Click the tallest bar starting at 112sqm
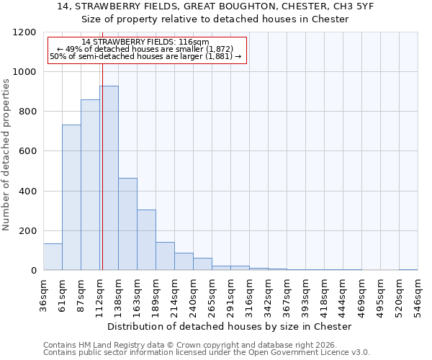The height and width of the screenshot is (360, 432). point(109,178)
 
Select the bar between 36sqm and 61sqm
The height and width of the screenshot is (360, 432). point(53,256)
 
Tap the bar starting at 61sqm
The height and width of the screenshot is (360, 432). point(71,197)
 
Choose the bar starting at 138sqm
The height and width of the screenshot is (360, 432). point(127,224)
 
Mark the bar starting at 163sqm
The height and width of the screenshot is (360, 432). point(146,240)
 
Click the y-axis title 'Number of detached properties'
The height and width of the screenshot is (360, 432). point(7,155)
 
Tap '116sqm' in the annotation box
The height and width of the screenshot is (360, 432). point(194,42)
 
